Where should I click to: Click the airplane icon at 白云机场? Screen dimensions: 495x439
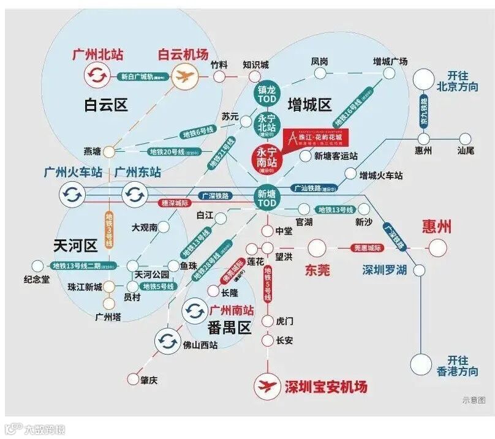click(x=182, y=77)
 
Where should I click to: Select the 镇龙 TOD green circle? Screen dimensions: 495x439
click(x=267, y=94)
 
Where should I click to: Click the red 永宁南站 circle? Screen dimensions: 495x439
click(x=267, y=157)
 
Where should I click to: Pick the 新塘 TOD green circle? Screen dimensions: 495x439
click(x=267, y=197)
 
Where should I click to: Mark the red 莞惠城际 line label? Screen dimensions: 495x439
click(x=368, y=248)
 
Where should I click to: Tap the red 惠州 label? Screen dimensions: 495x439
click(x=437, y=227)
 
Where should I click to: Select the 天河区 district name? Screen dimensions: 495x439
click(x=75, y=246)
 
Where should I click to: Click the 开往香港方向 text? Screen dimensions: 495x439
click(x=462, y=366)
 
